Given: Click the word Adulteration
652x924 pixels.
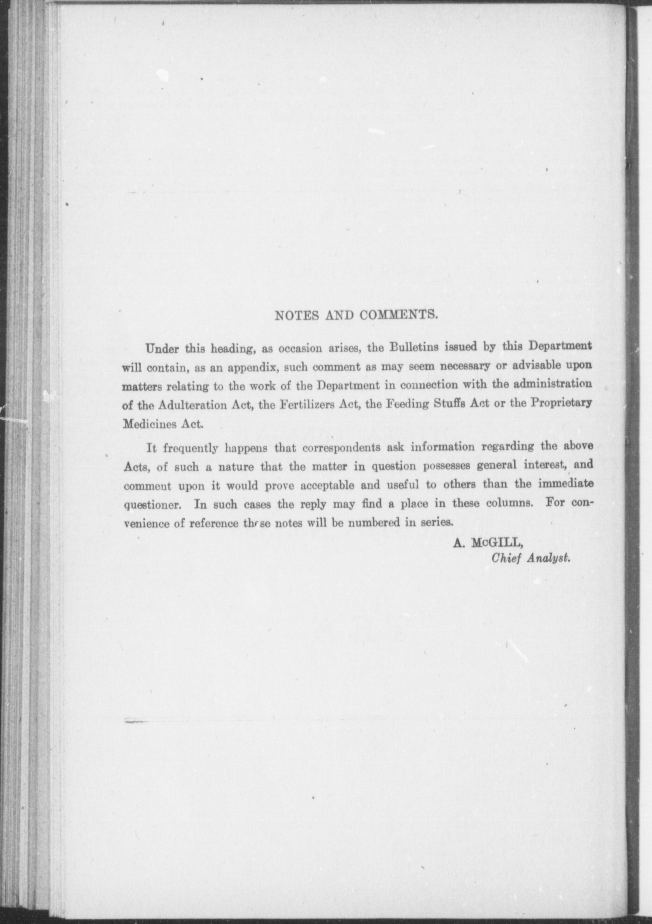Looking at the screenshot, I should [193, 405].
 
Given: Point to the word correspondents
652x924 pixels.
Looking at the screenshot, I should [341, 448].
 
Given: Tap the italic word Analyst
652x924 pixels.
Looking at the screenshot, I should [549, 558].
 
